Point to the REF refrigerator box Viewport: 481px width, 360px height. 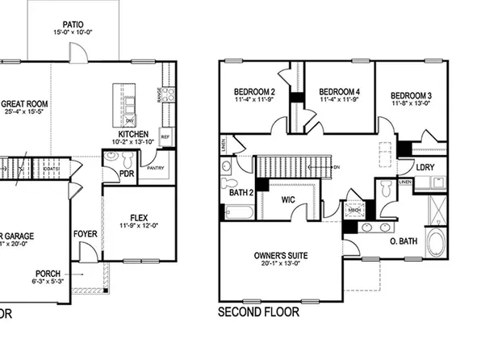[165, 136]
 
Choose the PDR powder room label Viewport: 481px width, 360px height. [126, 172]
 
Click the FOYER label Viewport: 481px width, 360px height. [86, 234]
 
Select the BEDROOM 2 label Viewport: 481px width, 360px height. [255, 91]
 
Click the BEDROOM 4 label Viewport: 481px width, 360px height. [339, 91]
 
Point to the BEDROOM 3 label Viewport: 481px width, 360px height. [412, 94]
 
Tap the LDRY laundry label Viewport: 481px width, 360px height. [425, 167]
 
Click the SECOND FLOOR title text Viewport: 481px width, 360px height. [258, 311]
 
